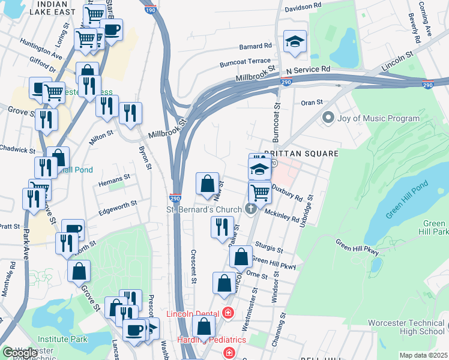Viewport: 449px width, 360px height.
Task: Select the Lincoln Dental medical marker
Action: pyautogui.click(x=228, y=313)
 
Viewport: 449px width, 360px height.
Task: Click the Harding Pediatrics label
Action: pyautogui.click(x=203, y=340)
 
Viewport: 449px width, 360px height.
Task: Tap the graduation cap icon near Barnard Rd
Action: pyautogui.click(x=294, y=41)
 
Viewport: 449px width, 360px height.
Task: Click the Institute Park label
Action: pyautogui.click(x=62, y=340)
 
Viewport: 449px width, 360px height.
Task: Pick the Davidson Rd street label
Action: pyautogui.click(x=303, y=7)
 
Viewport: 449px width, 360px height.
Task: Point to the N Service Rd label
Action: pyautogui.click(x=309, y=70)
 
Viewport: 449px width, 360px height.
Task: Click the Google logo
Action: pyautogui.click(x=20, y=353)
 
